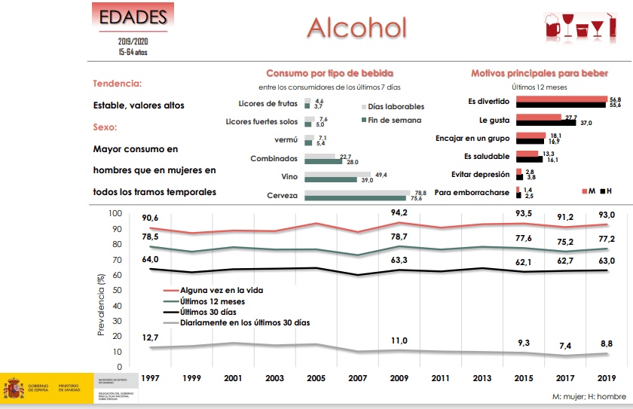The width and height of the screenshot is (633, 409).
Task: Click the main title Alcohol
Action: (356, 27)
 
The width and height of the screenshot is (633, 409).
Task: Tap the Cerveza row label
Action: (280, 196)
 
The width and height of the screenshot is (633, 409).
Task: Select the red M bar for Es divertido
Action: (561, 99)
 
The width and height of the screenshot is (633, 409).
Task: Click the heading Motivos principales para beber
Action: (540, 73)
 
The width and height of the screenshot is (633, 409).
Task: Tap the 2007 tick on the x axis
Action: (359, 377)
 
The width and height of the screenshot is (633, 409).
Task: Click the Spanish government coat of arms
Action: (13, 389)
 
